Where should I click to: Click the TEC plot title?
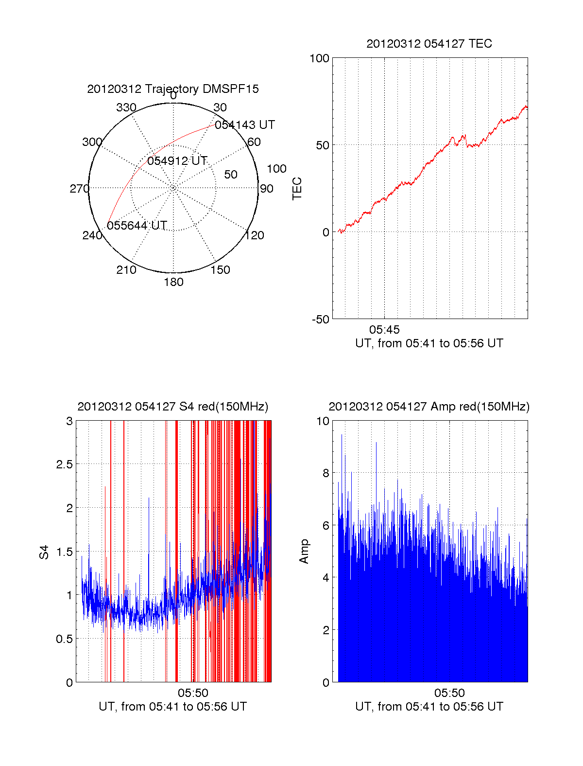tap(429, 44)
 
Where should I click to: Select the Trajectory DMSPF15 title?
tap(173, 89)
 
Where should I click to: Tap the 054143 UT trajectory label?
tap(245, 125)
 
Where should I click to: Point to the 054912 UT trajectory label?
tap(177, 161)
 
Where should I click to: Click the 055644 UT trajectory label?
tap(137, 226)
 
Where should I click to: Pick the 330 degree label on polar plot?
tap(126, 107)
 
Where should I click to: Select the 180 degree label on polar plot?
tap(173, 282)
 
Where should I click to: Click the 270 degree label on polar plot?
tap(80, 189)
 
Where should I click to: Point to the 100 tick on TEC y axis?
tap(319, 59)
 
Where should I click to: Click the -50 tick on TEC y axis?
tap(320, 320)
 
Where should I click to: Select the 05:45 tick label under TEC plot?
tap(384, 330)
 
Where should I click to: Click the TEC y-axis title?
tap(297, 189)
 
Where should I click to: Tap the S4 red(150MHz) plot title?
tap(173, 407)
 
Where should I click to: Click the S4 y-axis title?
tap(44, 552)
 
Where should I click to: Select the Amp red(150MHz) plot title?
tap(429, 407)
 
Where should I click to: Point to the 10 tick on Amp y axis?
tap(323, 421)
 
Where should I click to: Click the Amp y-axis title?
tap(304, 552)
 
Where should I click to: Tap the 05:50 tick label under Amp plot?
tap(449, 693)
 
